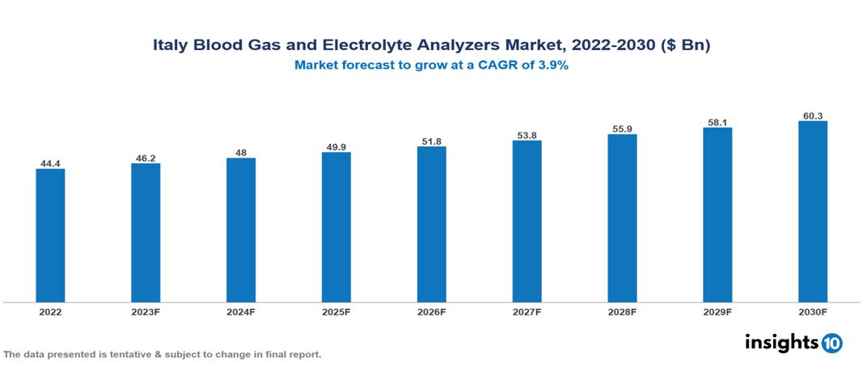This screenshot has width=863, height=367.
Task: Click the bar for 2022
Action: pos(50,235)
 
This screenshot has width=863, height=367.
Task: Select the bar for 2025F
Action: pos(336,227)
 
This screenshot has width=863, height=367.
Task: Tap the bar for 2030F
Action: pos(812,212)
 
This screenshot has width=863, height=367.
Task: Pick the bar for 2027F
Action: pos(527,221)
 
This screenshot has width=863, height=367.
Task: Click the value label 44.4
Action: pos(50,163)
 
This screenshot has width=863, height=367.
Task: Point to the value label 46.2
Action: pos(146,158)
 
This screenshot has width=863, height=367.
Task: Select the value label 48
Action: pos(241,153)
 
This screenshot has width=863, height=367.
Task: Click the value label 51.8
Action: pos(431,141)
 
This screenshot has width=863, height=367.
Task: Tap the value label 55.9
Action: pos(622,129)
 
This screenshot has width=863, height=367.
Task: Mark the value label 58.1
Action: pos(717,123)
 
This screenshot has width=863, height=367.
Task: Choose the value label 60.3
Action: pos(812,116)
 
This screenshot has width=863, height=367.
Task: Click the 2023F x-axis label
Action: pos(146,311)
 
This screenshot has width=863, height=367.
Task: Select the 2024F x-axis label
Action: pos(241,311)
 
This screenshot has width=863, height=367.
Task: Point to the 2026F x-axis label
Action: pos(431,311)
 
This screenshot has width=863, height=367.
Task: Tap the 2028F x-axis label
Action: pos(622,311)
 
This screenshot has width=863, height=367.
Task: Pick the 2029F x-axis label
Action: pos(717,311)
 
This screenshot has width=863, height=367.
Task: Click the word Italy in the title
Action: pos(170,46)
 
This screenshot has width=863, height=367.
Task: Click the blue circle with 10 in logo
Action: pos(831,343)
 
